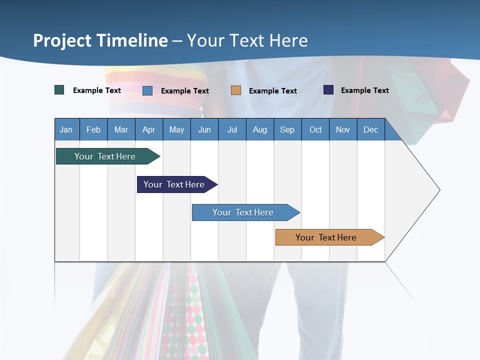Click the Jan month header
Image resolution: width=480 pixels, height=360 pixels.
click(x=66, y=129)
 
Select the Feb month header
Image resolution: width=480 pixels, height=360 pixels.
click(x=93, y=129)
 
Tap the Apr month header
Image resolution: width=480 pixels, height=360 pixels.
click(x=148, y=129)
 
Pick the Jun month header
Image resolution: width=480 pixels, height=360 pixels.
click(x=204, y=129)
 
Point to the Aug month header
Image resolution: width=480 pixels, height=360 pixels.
click(x=259, y=129)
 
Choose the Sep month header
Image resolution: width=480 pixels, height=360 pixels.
click(x=287, y=129)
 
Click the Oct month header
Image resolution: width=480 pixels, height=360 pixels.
click(x=315, y=129)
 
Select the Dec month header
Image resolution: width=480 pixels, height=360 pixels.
click(x=370, y=129)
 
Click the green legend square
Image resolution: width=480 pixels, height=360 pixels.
click(x=59, y=90)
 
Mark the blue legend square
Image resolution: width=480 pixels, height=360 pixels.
click(x=147, y=90)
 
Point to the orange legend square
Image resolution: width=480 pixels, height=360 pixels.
click(x=236, y=90)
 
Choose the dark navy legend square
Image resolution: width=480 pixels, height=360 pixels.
click(x=328, y=90)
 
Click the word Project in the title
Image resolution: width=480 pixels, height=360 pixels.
click(x=61, y=40)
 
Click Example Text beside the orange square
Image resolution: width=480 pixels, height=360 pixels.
click(x=272, y=91)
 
